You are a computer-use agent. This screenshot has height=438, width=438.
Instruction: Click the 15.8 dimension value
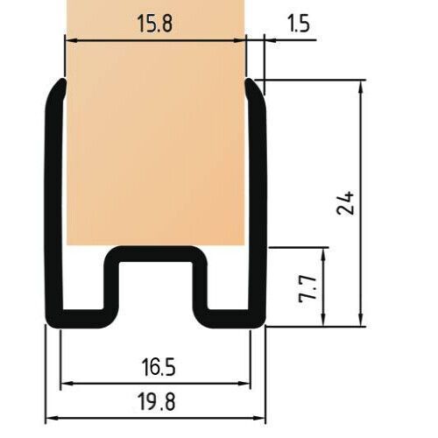click(155, 24)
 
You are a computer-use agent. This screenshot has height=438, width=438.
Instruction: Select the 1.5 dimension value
click(299, 24)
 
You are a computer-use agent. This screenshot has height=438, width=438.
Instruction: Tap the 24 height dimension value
click(346, 203)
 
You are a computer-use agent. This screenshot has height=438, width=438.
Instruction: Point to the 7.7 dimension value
click(308, 287)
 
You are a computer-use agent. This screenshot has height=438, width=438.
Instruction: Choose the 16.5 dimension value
click(159, 367)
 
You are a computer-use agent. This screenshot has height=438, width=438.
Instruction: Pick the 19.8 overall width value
click(157, 402)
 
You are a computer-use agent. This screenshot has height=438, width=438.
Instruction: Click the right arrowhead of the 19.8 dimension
click(259, 418)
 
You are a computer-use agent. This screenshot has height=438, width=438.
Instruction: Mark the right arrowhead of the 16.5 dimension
click(244, 383)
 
